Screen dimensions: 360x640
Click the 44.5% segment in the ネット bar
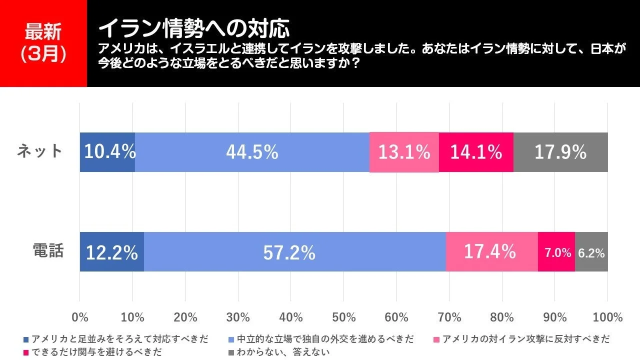[252, 152]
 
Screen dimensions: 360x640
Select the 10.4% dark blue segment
[107, 152]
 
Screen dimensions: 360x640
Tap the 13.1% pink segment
[404, 152]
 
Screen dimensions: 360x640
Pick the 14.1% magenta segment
[476, 152]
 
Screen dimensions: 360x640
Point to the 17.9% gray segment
[560, 152]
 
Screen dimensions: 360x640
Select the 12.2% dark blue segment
[112, 252]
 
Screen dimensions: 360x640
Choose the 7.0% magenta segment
[556, 252]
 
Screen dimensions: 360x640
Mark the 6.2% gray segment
[591, 252]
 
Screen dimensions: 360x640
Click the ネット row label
[40, 150]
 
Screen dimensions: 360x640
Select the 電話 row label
[48, 250]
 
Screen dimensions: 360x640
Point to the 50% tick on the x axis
[344, 317]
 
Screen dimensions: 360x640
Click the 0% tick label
[80, 317]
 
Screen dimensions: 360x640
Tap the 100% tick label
[607, 317]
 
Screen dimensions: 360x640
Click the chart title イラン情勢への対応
[193, 29]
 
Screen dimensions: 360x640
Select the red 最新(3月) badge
[43, 43]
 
